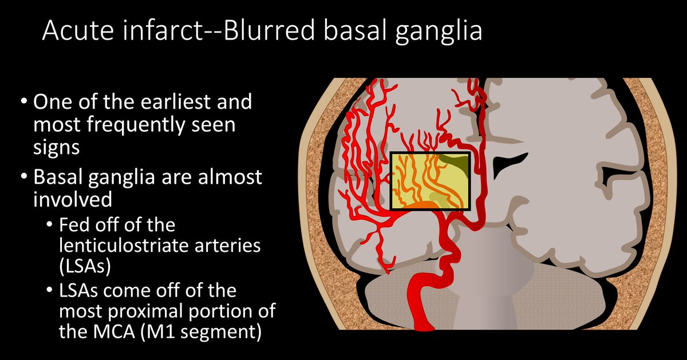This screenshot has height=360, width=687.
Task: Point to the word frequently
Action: pyautogui.click(x=143, y=124)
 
